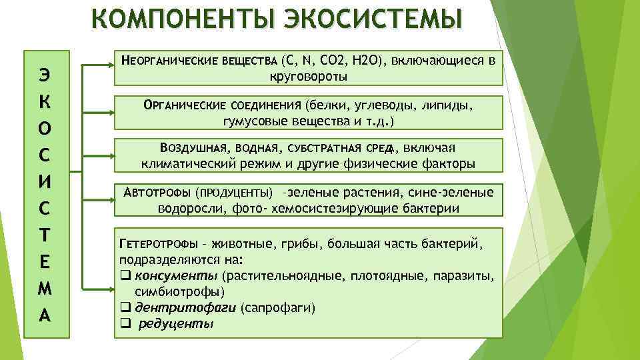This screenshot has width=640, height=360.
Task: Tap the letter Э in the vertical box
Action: tap(45, 75)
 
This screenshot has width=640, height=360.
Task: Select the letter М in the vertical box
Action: tap(45, 289)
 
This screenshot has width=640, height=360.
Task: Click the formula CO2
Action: tap(333, 61)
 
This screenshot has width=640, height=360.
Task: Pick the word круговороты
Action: tap(309, 77)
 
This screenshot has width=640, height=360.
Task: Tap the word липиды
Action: tap(447, 105)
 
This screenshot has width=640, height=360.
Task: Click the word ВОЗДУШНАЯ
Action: tap(193, 148)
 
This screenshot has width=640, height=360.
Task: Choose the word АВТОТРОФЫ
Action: tap(157, 192)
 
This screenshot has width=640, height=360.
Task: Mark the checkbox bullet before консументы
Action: tap(125, 275)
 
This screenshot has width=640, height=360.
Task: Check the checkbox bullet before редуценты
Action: tap(125, 323)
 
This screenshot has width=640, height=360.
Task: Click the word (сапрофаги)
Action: tap(278, 308)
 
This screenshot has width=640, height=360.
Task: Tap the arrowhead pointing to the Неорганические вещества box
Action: tap(110, 65)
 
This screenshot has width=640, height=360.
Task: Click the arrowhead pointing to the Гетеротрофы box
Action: tap(110, 289)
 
